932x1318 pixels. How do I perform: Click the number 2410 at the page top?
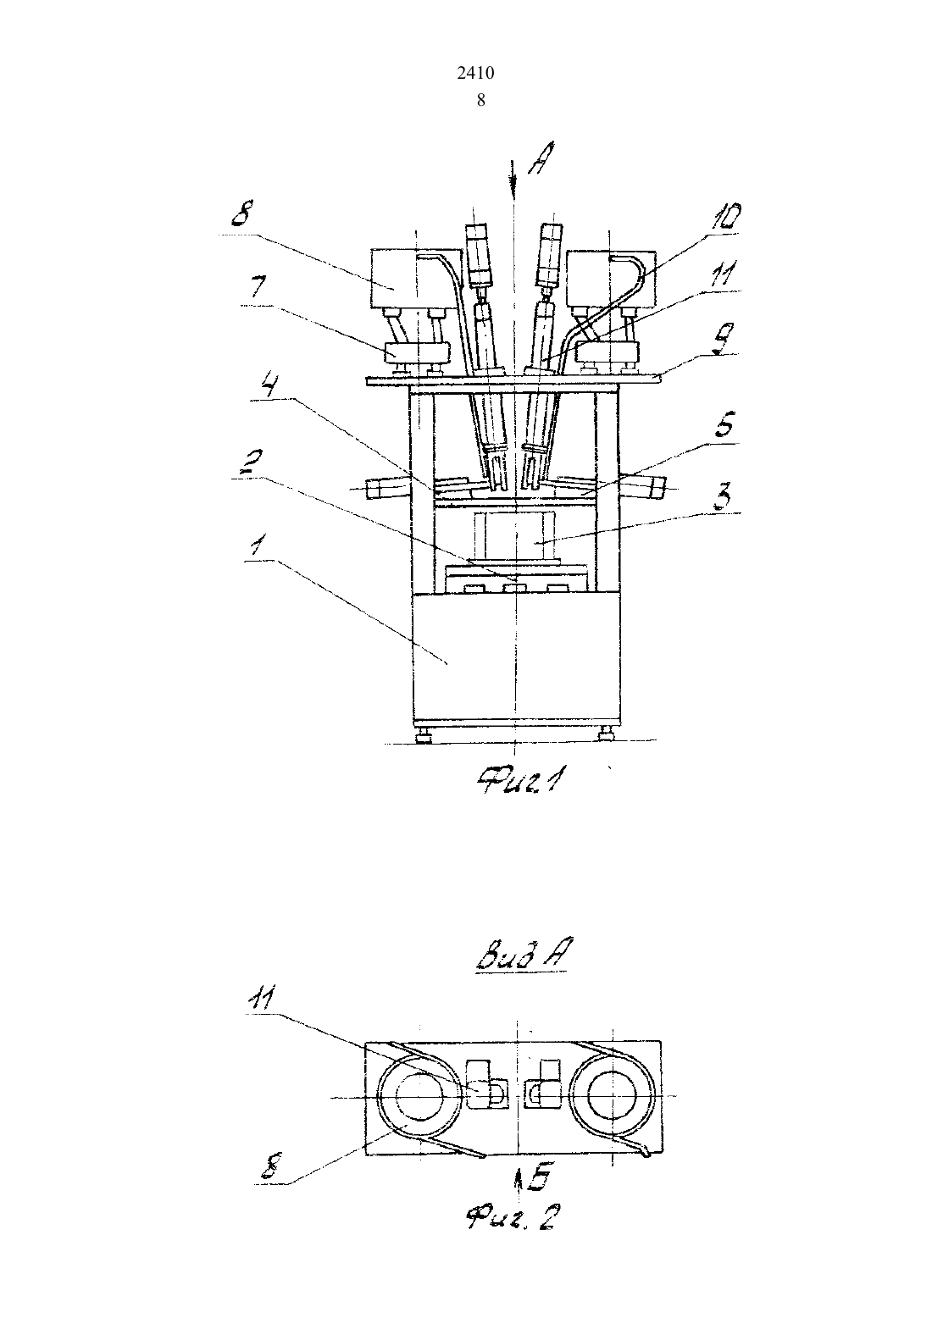pos(475,73)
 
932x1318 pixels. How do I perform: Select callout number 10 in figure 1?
pos(724,217)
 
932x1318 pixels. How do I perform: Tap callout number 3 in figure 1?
pos(725,497)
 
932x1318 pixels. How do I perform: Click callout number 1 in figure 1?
pos(257,546)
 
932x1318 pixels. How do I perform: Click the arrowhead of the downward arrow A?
pos(514,198)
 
